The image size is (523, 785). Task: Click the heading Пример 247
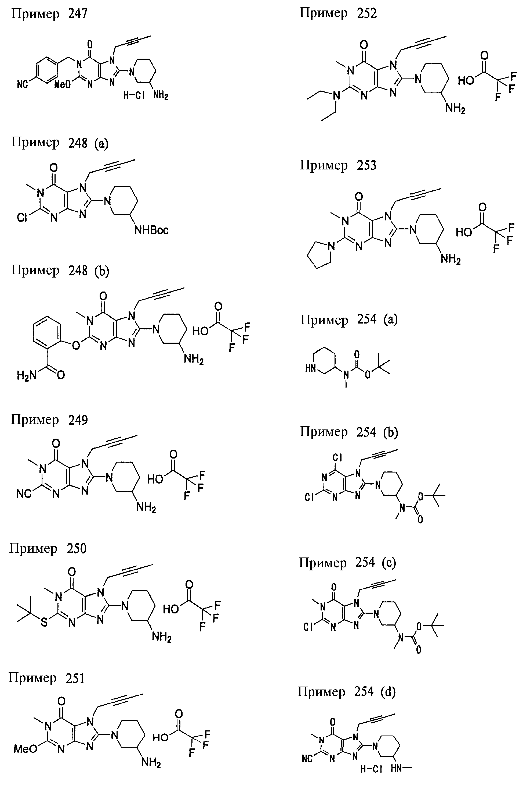[49, 14]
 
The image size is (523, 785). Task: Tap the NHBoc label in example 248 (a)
[151, 230]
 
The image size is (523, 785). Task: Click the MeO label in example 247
[63, 84]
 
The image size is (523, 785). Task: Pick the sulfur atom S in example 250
[44, 622]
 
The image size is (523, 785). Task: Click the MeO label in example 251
[25, 749]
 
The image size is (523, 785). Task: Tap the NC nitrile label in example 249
[24, 493]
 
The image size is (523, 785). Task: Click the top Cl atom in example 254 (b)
[337, 457]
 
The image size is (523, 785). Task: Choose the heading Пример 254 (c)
[347, 563]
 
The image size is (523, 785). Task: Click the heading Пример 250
[48, 549]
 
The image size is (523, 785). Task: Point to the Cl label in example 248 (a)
[22, 218]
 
